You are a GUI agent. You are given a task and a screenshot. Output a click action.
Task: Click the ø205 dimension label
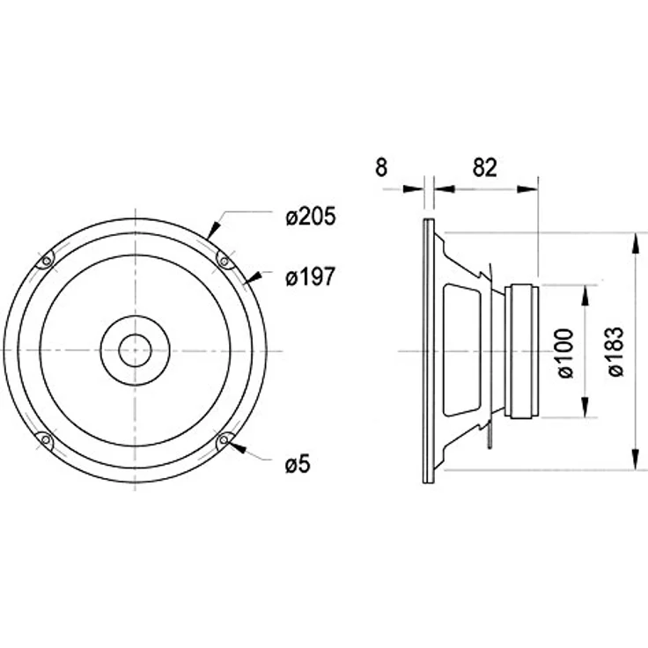311,217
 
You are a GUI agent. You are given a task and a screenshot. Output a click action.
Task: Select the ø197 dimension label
310,276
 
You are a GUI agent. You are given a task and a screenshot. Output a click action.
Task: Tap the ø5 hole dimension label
298,465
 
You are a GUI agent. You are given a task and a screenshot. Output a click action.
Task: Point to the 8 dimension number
381,167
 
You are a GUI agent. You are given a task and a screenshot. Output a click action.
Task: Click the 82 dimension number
484,167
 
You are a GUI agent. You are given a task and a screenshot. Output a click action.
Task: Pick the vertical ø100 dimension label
565,353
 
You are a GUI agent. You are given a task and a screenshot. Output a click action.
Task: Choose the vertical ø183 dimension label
615,351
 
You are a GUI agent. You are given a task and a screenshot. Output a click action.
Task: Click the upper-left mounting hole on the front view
47,261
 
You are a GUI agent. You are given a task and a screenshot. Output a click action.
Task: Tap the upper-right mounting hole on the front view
224,261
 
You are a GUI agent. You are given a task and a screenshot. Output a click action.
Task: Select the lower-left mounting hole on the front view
46,439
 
